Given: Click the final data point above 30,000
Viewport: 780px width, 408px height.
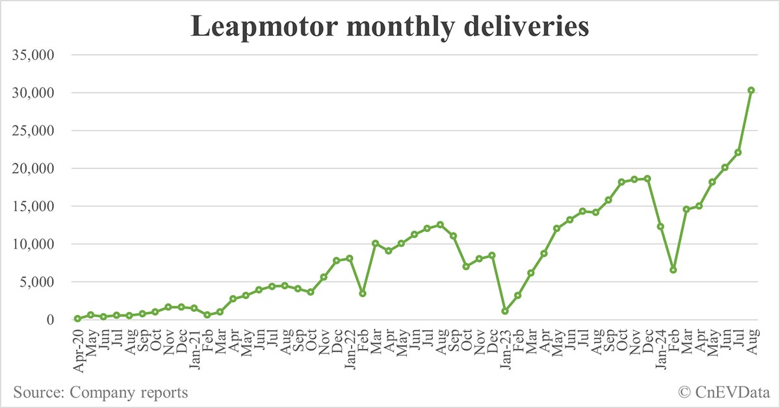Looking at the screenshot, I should [751, 90].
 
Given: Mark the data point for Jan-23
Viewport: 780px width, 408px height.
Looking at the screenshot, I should [504, 311].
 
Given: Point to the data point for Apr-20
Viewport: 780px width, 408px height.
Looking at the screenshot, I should [77, 318].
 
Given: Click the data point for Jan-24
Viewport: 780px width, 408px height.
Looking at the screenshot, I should [660, 227].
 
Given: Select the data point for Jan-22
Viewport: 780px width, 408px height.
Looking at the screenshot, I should [350, 258].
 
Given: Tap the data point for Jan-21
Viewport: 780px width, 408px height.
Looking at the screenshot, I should [194, 308].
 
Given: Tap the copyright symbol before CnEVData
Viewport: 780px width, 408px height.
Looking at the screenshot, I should [684, 393].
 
